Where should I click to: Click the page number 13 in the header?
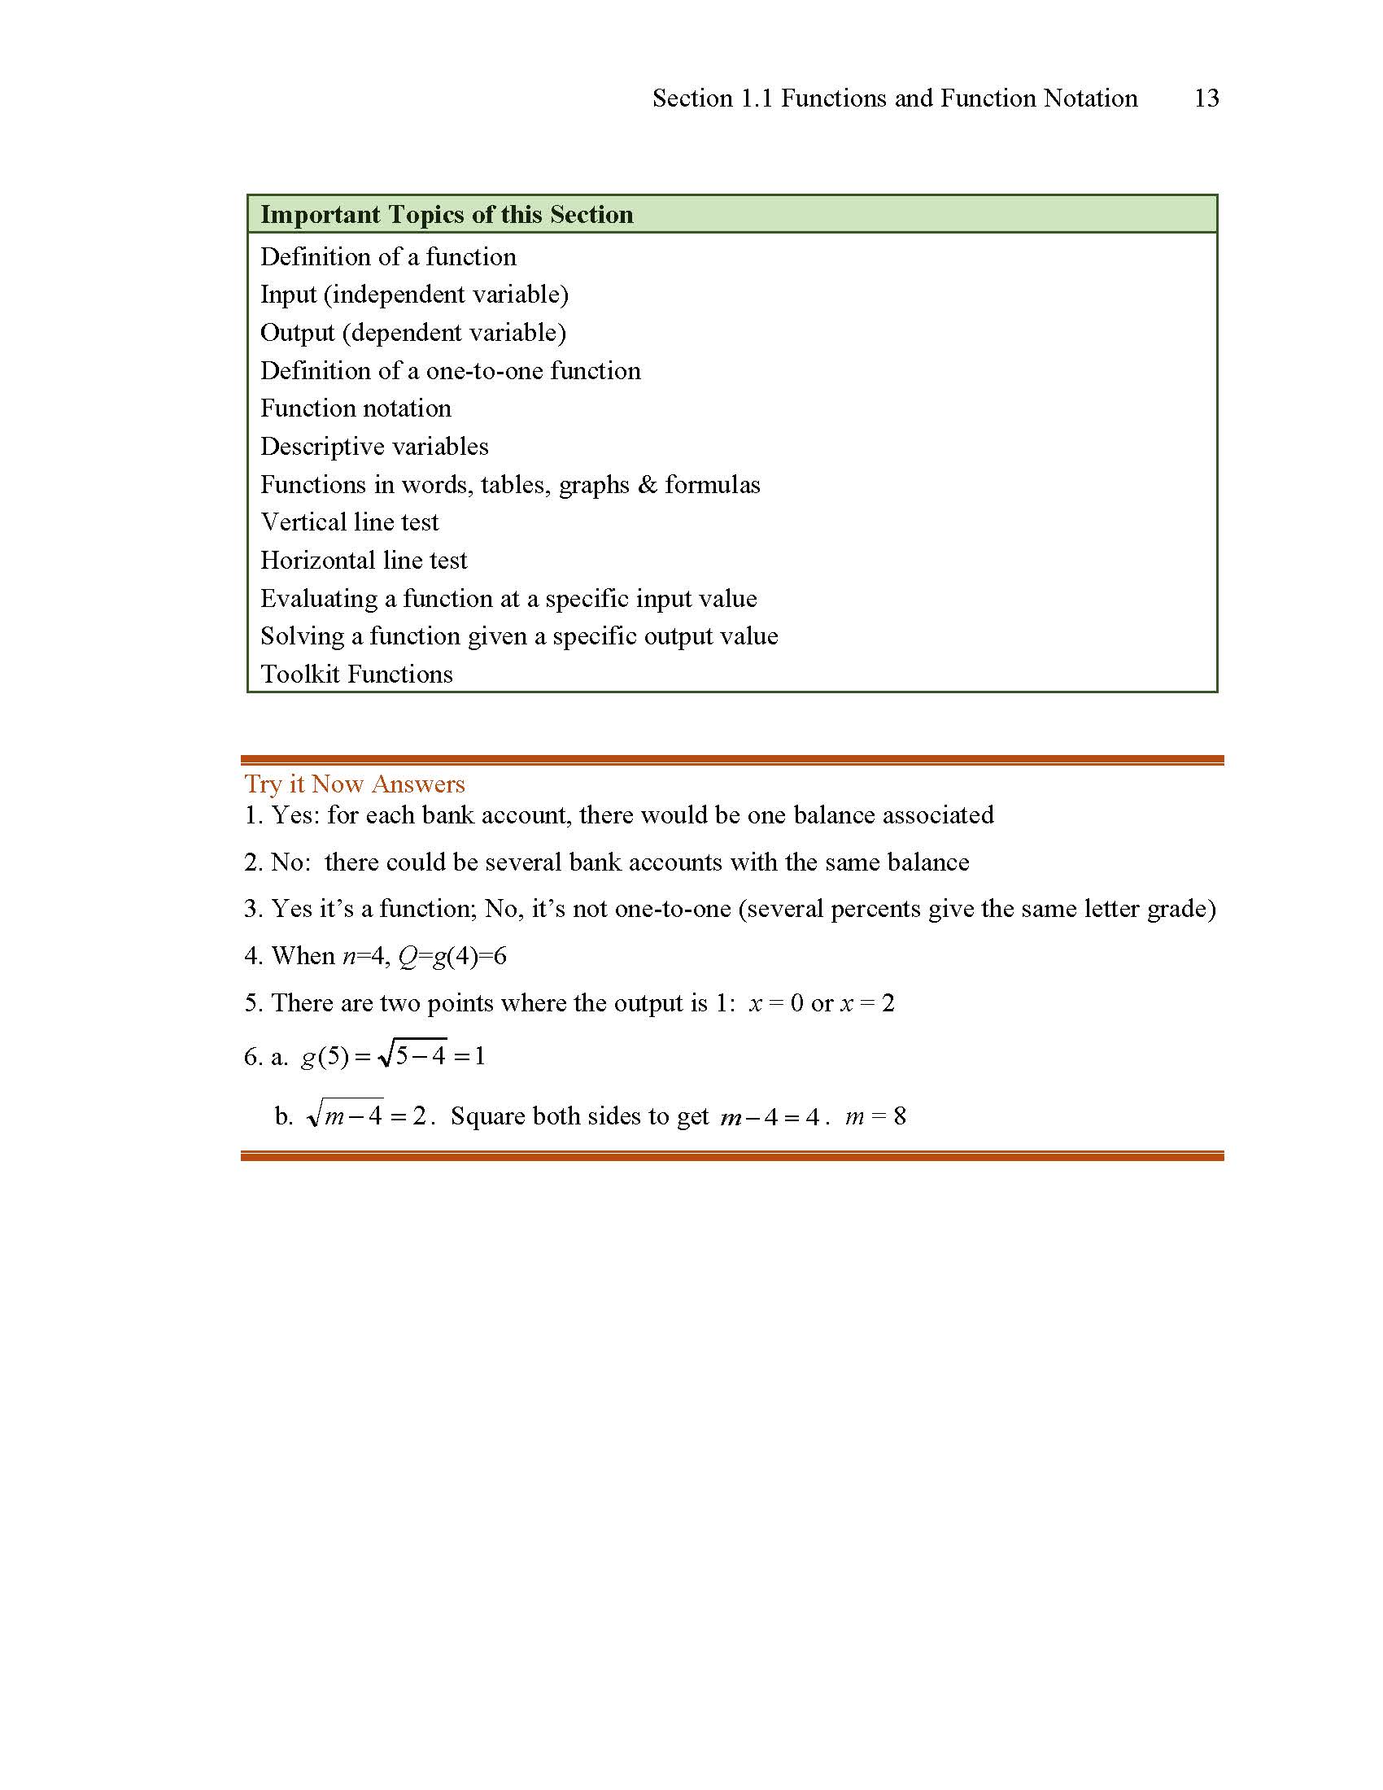pos(1206,98)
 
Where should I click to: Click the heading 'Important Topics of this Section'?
pos(447,215)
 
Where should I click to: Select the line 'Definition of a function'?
pos(388,257)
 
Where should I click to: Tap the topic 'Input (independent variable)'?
pos(414,295)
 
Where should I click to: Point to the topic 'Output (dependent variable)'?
pos(413,333)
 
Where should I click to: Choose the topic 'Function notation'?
pos(356,408)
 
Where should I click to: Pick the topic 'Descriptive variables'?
pos(374,447)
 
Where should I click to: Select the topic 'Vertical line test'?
pos(350,522)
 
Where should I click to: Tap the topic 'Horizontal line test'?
pos(364,561)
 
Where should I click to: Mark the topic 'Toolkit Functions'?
pos(356,675)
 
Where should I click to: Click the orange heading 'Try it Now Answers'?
pos(355,784)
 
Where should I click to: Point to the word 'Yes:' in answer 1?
pos(295,815)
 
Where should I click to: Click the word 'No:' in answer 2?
pos(291,862)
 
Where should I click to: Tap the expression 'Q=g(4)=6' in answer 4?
pos(452,957)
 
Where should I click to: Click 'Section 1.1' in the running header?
pos(713,98)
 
